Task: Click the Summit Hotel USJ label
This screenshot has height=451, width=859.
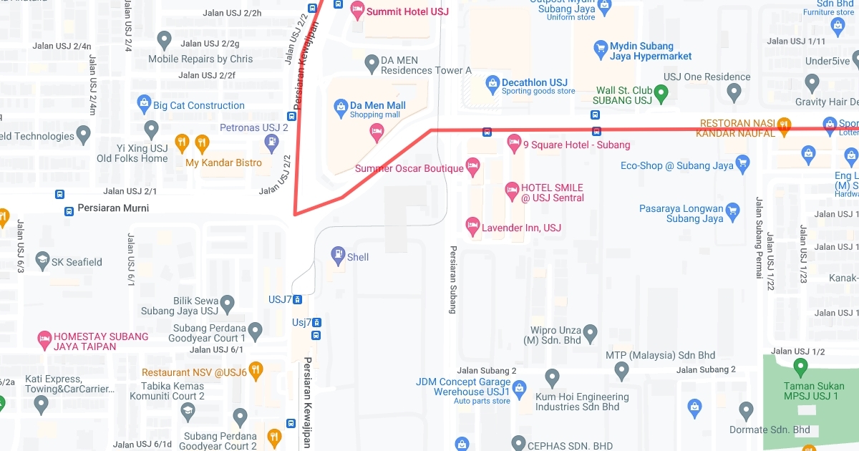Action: point(397,11)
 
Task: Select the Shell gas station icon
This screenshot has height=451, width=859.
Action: point(338,254)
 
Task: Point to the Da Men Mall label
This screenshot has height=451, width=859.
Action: point(377,105)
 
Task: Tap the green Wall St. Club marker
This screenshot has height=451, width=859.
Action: point(662,92)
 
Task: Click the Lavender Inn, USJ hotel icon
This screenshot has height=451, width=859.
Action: point(472,226)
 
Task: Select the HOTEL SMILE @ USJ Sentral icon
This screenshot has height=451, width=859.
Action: point(512,190)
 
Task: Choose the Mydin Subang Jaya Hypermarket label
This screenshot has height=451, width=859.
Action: point(651,51)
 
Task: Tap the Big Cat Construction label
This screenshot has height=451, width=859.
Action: point(199,105)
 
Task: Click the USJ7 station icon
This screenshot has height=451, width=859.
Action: point(297,299)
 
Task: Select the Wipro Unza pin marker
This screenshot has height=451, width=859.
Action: point(590,332)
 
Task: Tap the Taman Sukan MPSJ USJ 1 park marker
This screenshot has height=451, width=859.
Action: point(801,368)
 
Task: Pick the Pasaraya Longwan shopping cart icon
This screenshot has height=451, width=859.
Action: point(732,210)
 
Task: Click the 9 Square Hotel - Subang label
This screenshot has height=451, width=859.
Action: point(576,145)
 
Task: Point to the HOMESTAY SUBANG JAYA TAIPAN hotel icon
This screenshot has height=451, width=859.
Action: point(45,337)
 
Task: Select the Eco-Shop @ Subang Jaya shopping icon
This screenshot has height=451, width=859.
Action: point(742,164)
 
